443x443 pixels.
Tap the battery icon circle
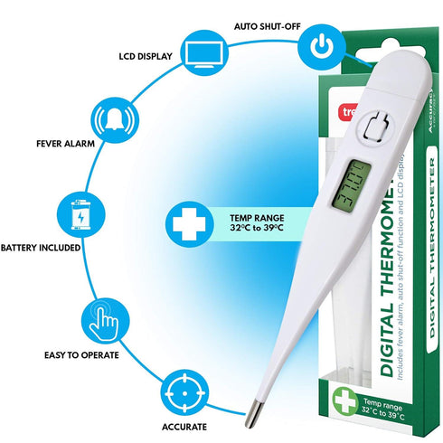click(x=79, y=216)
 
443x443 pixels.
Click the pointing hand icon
click(x=102, y=320)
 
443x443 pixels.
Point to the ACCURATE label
click(x=185, y=426)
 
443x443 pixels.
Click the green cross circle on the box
click(x=345, y=399)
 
